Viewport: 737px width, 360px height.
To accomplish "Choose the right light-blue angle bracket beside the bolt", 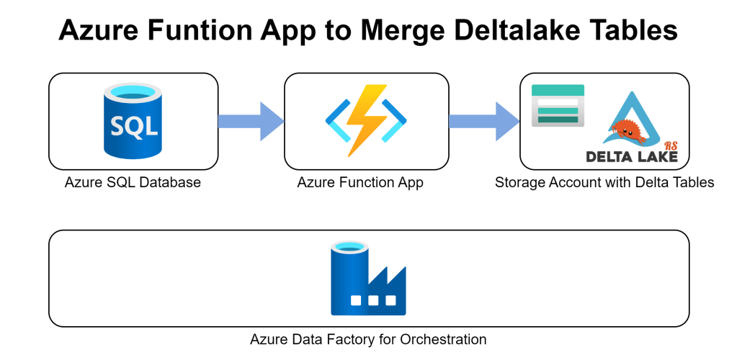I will [x=395, y=121].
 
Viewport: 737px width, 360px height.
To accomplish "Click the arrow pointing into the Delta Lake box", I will [x=483, y=121].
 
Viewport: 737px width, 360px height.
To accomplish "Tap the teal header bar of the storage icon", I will [x=558, y=90].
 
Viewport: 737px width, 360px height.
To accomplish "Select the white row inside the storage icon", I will [x=558, y=102].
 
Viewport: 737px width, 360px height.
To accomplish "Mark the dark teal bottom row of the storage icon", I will [x=558, y=120].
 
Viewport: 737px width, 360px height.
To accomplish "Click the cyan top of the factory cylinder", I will [x=349, y=246].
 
